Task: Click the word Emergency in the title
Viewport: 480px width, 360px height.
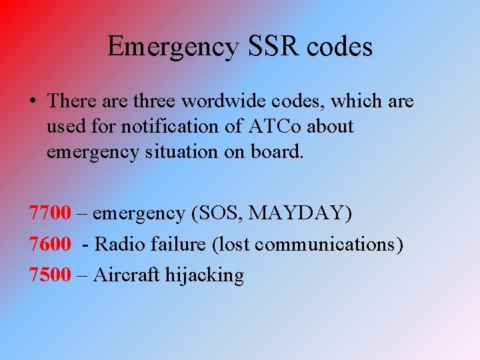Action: (x=171, y=47)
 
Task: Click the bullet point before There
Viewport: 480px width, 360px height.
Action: (x=33, y=101)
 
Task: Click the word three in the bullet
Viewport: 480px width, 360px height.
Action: (x=155, y=101)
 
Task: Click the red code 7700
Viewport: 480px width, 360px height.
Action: (x=50, y=213)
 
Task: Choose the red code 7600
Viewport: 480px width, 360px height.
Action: (x=50, y=244)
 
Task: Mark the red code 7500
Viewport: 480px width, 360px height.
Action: (x=50, y=275)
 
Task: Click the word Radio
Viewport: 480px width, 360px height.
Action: (x=117, y=244)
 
